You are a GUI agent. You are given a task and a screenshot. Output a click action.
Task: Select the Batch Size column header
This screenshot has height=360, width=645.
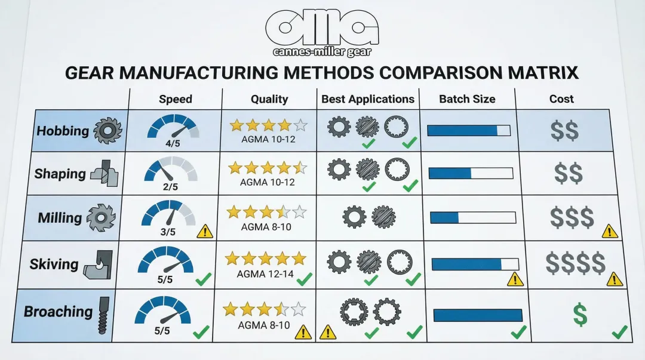pos(467,99)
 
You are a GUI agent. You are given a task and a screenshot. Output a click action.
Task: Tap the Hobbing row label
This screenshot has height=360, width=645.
pos(63,131)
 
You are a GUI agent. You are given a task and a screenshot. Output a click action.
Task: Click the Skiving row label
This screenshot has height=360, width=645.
pos(54,264)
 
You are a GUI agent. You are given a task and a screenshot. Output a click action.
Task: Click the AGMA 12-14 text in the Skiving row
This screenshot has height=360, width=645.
pos(263,274)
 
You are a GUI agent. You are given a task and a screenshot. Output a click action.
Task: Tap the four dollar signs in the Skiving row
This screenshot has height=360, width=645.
pos(575,263)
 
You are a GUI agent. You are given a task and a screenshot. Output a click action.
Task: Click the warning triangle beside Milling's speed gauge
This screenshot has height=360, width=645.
pos(204,230)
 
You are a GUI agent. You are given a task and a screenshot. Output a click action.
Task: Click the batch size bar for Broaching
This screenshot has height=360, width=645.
pos(478,315)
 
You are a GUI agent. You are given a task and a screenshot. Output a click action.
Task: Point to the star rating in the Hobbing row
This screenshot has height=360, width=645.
pos(268,125)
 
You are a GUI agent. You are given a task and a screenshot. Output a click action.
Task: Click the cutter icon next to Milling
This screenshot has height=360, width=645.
pos(100,218)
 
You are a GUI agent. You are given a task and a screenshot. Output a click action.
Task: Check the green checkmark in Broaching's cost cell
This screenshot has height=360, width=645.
pos(619,331)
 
